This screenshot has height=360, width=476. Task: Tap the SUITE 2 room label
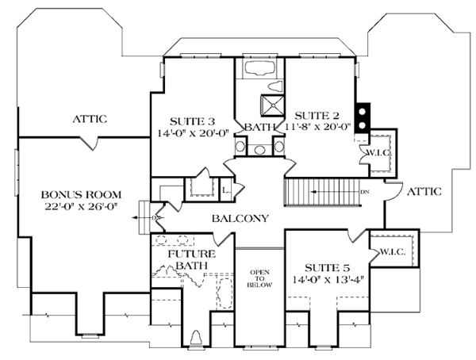tap(313, 113)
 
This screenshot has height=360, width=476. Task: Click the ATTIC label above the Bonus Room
tap(90, 119)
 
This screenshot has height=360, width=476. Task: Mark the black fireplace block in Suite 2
tap(363, 117)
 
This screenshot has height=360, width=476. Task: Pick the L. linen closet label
tap(225, 190)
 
